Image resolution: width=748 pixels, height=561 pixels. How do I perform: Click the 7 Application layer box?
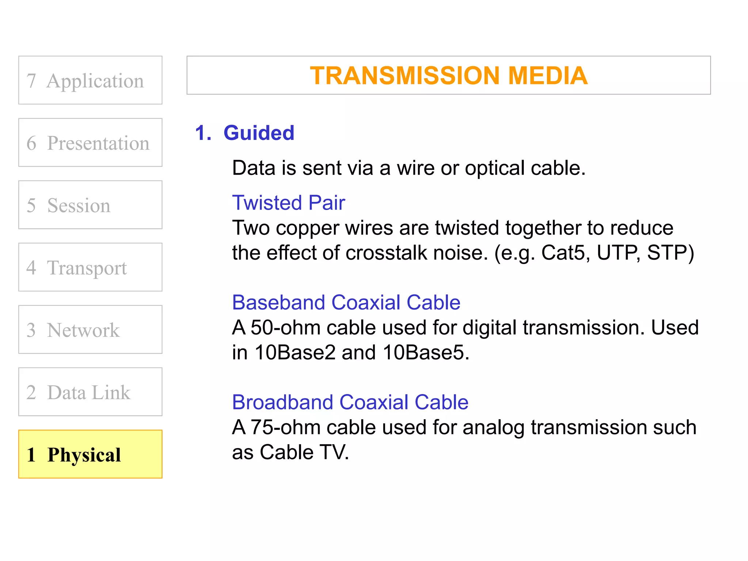[x=90, y=80]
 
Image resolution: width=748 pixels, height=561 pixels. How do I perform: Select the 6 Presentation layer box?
[x=90, y=142]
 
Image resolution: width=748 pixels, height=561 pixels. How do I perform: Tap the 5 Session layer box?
[x=90, y=205]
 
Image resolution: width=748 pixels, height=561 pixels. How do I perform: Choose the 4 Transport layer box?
[x=90, y=267]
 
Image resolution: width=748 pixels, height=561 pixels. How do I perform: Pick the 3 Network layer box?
[x=90, y=329]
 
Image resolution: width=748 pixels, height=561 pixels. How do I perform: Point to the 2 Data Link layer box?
[x=90, y=392]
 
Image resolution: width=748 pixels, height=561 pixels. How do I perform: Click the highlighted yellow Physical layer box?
[x=90, y=454]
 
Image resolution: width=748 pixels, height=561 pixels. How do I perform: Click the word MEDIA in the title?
[x=547, y=76]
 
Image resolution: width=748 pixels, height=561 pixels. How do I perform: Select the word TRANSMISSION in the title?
[x=404, y=76]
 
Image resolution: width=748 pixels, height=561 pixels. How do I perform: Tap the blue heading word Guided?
[x=259, y=133]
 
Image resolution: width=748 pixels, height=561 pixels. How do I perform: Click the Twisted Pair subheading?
[x=289, y=203]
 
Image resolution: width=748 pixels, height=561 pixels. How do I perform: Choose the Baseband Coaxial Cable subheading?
[x=346, y=302]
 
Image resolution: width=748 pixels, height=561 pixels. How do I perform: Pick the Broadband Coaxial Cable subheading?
[x=350, y=402]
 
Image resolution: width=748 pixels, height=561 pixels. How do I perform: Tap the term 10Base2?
[x=294, y=353]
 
